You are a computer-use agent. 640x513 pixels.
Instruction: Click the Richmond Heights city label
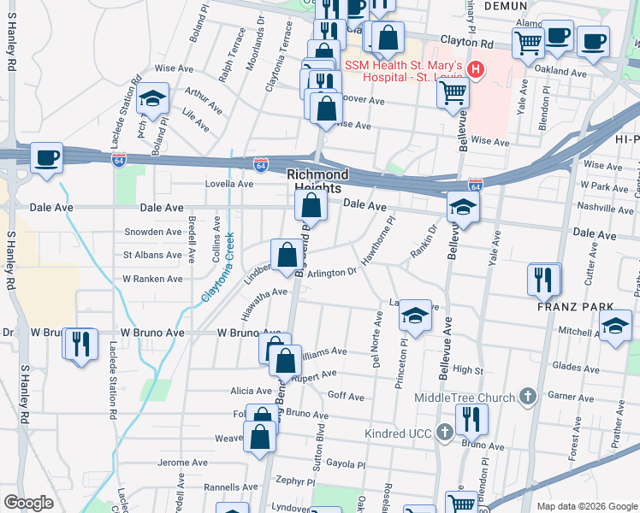[313, 180]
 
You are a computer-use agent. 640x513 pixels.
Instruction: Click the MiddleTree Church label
[465, 398]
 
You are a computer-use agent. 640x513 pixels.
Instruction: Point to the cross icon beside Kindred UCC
[444, 433]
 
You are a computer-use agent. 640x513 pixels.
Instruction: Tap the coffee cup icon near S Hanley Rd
[46, 157]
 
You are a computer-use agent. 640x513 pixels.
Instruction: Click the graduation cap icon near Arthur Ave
[153, 98]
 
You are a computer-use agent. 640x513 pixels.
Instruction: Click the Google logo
[27, 502]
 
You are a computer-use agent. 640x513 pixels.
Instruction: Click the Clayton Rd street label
[467, 42]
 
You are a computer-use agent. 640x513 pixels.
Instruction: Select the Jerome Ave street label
[183, 463]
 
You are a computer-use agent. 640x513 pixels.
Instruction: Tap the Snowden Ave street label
[153, 232]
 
